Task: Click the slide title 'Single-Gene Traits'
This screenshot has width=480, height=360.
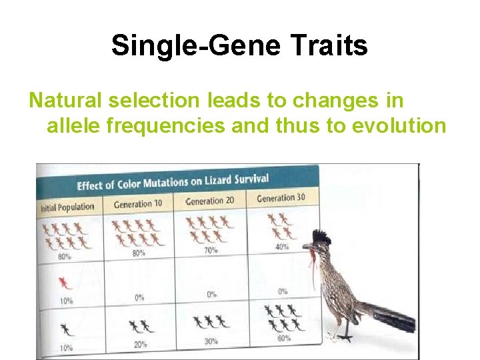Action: pyautogui.click(x=239, y=46)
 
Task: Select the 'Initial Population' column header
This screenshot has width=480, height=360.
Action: pyautogui.click(x=67, y=207)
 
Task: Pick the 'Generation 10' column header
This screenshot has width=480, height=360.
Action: pyautogui.click(x=138, y=203)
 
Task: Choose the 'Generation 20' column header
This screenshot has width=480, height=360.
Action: pyautogui.click(x=209, y=201)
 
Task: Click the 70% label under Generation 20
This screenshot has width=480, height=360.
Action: pyautogui.click(x=211, y=250)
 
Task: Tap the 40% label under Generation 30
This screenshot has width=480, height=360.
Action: pyautogui.click(x=281, y=246)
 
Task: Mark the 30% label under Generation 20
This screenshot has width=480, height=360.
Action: pyautogui.click(x=211, y=341)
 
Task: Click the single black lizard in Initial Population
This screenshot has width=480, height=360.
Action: pyautogui.click(x=65, y=329)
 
